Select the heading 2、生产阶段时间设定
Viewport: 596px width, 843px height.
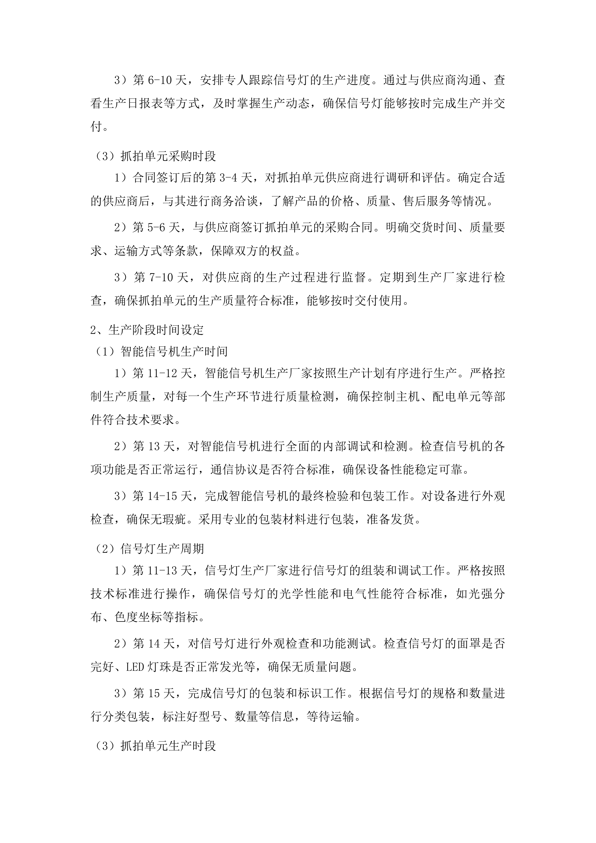click(x=147, y=330)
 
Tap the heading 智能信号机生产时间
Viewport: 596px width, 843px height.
click(x=174, y=352)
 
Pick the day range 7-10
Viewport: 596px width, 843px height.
click(x=160, y=277)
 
